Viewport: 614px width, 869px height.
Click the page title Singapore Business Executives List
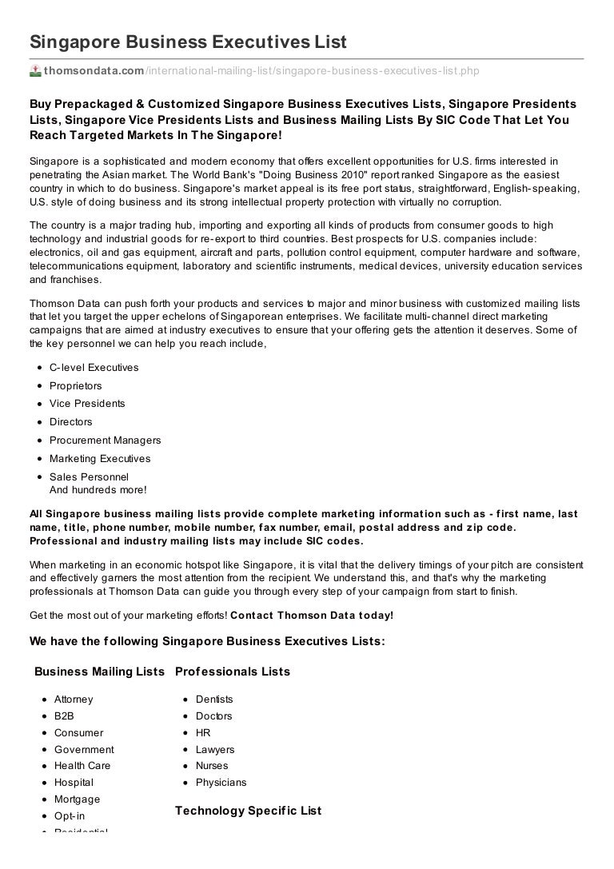pyautogui.click(x=188, y=42)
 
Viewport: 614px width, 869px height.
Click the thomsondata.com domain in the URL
pyautogui.click(x=94, y=71)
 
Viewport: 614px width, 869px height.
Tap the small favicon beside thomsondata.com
pyautogui.click(x=35, y=71)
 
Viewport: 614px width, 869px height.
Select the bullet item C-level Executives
pyautogui.click(x=94, y=368)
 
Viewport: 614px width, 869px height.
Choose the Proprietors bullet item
pyautogui.click(x=76, y=386)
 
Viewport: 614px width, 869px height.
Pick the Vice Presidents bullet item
pyautogui.click(x=87, y=404)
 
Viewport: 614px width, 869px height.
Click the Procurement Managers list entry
pyautogui.click(x=105, y=440)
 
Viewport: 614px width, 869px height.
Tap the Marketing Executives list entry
pyautogui.click(x=100, y=459)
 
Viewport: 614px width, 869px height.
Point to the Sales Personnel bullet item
pyautogui.click(x=89, y=477)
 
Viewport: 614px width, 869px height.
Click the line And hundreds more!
pyautogui.click(x=98, y=490)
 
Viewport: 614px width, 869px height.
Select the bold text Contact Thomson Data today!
pyautogui.click(x=312, y=616)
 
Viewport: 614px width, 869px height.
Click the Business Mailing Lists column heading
pyautogui.click(x=99, y=672)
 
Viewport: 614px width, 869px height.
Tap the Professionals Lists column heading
pyautogui.click(x=232, y=672)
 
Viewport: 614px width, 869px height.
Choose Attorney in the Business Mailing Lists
pyautogui.click(x=74, y=700)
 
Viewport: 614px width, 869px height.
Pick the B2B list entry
pyautogui.click(x=64, y=716)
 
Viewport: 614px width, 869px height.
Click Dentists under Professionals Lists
pyautogui.click(x=214, y=700)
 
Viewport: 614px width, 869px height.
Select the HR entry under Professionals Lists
pyautogui.click(x=203, y=733)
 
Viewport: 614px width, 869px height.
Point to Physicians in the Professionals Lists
pyautogui.click(x=221, y=783)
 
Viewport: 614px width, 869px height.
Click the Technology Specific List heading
pyautogui.click(x=248, y=811)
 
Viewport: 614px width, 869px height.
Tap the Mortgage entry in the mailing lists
pyautogui.click(x=77, y=799)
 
